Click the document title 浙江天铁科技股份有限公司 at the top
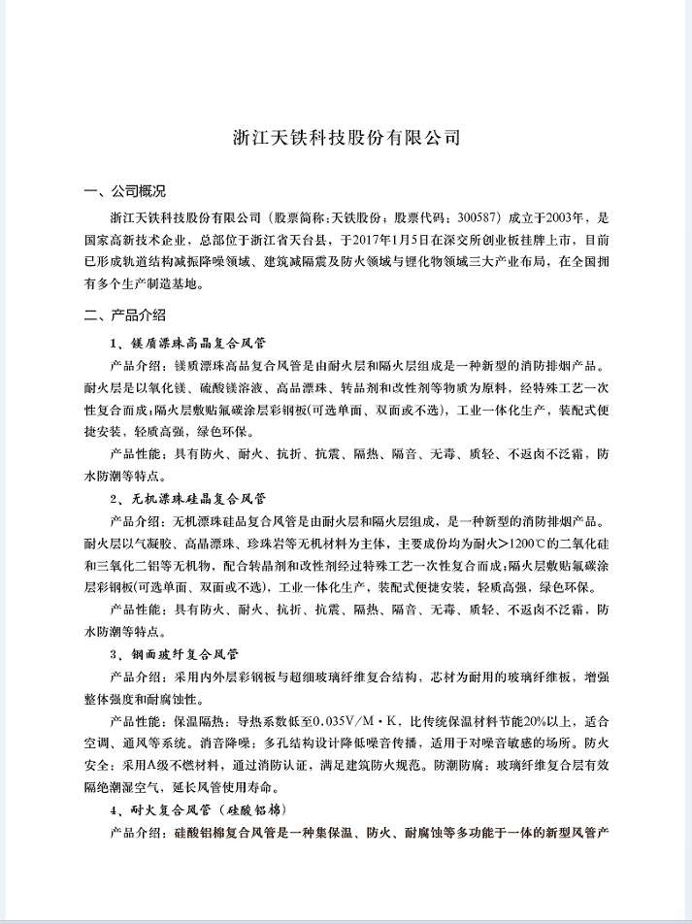(x=346, y=137)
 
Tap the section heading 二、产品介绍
(x=125, y=314)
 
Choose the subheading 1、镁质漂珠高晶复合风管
(x=192, y=343)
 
